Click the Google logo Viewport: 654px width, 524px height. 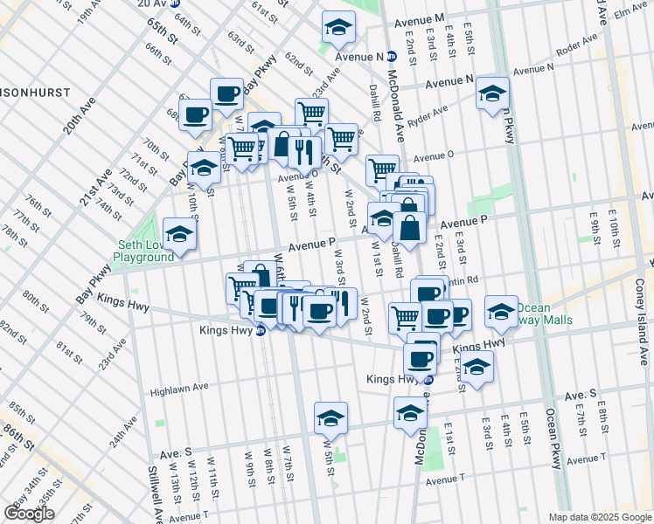point(29,514)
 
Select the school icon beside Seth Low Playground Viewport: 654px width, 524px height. point(179,234)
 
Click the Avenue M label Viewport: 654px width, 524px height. point(420,18)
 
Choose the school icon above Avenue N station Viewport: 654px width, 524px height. point(337,28)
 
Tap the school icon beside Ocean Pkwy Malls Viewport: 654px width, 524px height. point(500,312)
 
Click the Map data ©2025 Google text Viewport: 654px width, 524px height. point(600,516)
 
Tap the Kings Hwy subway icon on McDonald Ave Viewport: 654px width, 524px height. point(428,379)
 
